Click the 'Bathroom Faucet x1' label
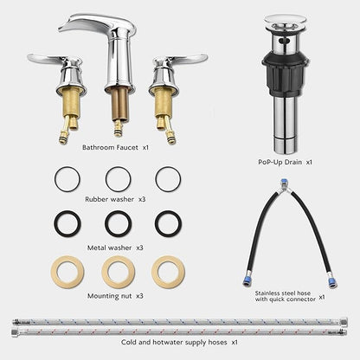point(115,147)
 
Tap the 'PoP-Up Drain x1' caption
point(285,162)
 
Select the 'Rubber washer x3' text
point(115,199)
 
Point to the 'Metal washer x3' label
point(115,247)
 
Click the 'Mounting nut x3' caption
point(115,296)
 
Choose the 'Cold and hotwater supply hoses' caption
point(174,343)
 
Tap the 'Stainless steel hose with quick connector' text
point(285,296)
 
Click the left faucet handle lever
point(46,58)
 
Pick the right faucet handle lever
point(189,58)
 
